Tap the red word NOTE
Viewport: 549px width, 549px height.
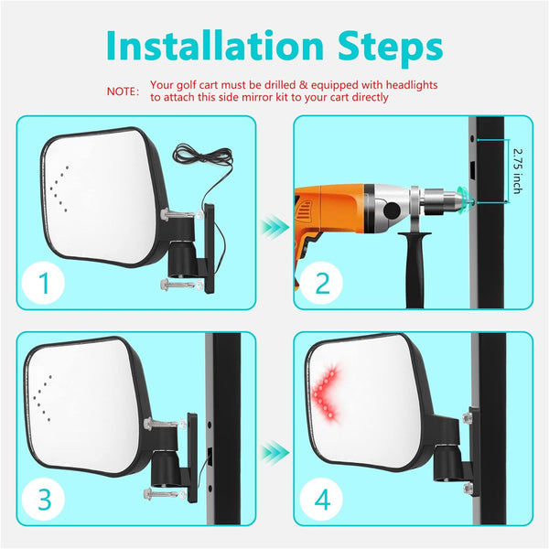coord(123,91)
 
